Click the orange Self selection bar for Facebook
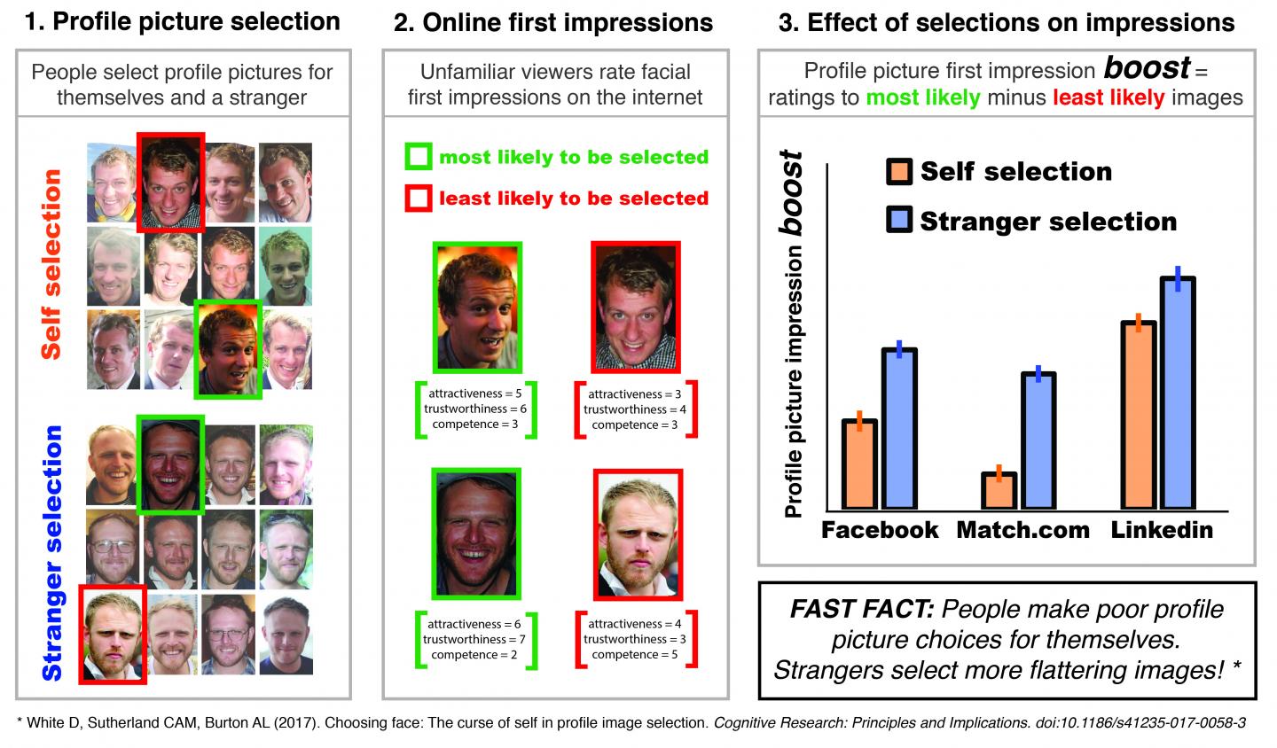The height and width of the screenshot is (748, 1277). point(858,464)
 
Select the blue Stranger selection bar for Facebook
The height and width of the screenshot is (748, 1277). point(899,429)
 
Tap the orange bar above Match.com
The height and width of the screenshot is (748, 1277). point(999,491)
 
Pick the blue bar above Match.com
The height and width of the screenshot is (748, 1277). point(1038,441)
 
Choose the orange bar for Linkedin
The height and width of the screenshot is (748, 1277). point(1138,415)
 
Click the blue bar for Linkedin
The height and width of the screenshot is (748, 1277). point(1178,393)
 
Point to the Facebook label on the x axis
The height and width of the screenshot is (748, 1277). point(879,530)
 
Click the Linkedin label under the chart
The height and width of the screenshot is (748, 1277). point(1162,530)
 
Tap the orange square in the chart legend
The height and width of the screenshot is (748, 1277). point(899,171)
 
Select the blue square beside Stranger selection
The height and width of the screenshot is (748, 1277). point(899,220)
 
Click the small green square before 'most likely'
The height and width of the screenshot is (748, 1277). point(418,158)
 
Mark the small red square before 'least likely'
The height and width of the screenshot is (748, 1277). point(418,198)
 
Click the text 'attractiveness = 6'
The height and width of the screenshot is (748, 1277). point(474,624)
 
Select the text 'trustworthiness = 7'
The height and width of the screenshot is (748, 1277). point(474,640)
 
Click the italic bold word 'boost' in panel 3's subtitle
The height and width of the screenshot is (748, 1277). point(1146,68)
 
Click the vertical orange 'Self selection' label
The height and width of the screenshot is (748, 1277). point(52,263)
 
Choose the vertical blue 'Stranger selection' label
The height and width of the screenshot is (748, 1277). point(52,551)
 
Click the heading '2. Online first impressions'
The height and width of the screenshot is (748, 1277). point(553,23)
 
